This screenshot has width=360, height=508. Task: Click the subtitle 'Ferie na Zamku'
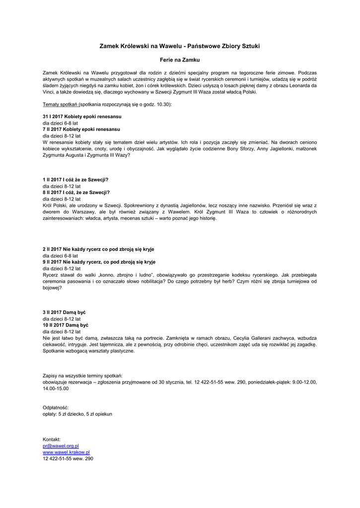[180, 60]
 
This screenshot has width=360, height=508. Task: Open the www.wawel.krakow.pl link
[66, 452]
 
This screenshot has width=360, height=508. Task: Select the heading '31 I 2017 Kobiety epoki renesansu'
[82, 117]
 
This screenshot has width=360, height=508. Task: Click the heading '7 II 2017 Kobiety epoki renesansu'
[81, 129]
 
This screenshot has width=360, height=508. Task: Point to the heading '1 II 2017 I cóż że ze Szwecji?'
[75, 180]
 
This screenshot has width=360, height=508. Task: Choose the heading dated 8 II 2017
[76, 192]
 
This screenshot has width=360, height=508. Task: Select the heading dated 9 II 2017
[99, 261]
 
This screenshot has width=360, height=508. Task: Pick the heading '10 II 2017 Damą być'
[66, 325]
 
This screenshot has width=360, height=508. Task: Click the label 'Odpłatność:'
[56, 407]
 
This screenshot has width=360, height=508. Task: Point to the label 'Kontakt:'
[52, 440]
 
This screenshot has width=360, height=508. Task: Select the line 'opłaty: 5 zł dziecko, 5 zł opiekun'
[77, 414]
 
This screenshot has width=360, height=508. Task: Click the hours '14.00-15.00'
[56, 388]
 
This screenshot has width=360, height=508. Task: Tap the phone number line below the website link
[68, 459]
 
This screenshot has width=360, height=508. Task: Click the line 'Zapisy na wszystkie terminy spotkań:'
[82, 376]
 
